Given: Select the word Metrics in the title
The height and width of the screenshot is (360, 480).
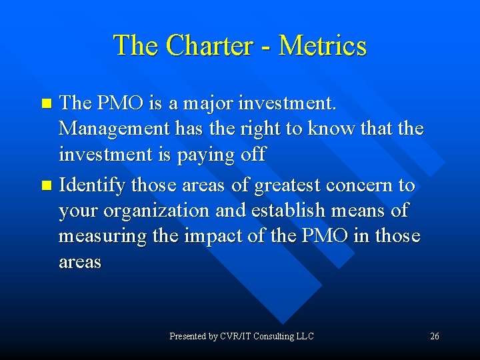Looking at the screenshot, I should (323, 46).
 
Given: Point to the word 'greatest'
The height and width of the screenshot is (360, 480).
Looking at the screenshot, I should (287, 185).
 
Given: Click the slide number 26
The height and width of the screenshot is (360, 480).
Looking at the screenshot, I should (434, 336).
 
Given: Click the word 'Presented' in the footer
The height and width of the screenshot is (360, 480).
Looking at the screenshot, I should (188, 336).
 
